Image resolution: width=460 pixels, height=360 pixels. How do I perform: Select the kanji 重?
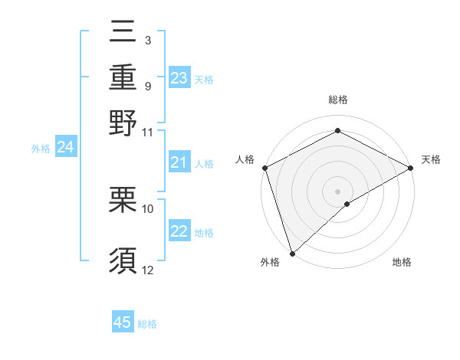(123, 77)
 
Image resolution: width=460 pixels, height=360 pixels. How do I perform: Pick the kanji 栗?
(123, 200)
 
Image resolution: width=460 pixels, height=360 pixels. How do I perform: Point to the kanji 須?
(123, 260)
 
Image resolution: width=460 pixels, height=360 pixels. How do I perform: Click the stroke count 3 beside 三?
(147, 39)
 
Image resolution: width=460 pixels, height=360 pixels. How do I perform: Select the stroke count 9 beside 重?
(147, 85)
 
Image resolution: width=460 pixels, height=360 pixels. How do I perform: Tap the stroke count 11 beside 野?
(148, 132)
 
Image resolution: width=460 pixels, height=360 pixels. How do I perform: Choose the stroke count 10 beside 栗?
(148, 208)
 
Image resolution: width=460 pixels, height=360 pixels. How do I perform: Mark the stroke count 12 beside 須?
(148, 270)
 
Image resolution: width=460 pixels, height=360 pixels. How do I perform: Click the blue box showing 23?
(179, 78)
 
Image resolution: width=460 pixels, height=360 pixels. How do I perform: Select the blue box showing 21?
(179, 162)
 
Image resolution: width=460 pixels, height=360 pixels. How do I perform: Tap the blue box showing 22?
(179, 231)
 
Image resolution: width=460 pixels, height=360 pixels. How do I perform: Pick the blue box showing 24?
(65, 147)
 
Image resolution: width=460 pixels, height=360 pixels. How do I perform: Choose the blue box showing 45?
(123, 322)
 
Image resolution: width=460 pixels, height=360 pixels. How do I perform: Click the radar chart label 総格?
(337, 100)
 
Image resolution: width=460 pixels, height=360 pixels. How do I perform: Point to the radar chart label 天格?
(431, 159)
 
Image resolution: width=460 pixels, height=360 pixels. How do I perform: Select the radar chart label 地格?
(402, 262)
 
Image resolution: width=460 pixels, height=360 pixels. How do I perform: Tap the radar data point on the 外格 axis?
(292, 253)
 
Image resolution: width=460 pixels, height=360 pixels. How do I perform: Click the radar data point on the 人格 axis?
(264, 168)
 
